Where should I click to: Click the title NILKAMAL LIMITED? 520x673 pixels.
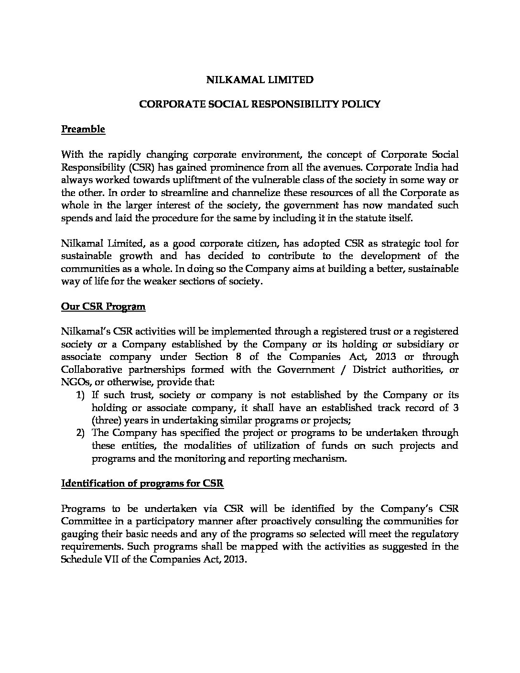point(260,80)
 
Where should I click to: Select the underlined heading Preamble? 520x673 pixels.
point(83,129)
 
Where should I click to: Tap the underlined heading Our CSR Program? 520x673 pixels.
point(103,306)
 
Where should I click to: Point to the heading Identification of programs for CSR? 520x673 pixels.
point(142,483)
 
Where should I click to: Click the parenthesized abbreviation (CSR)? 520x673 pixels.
point(140,167)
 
